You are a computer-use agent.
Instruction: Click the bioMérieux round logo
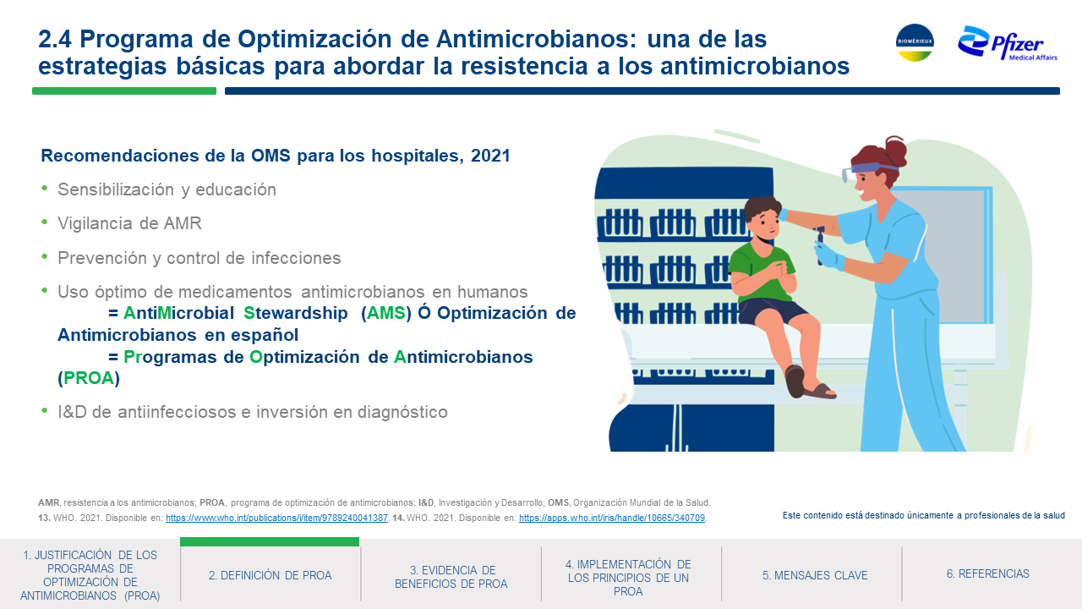pos(915,42)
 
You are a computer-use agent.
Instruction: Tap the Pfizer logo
pos(1007,43)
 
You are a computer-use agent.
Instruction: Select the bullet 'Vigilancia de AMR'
pos(129,223)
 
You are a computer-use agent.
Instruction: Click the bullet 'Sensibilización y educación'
pos(167,189)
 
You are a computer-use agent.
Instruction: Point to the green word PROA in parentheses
pos(89,378)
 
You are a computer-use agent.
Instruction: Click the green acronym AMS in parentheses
pos(386,313)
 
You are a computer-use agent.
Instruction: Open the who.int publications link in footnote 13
pos(276,518)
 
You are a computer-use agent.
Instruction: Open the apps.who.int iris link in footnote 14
pos(612,518)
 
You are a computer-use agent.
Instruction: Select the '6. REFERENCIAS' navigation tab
pos(988,573)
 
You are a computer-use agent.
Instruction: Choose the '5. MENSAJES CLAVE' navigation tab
pos(815,575)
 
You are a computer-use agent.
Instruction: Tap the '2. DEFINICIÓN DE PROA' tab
pos(270,575)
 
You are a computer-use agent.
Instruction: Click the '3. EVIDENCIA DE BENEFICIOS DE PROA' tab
pos(451,577)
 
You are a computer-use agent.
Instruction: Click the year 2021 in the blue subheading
pos(490,156)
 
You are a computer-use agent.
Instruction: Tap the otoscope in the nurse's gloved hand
pos(820,245)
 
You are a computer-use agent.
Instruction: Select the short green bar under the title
pos(124,91)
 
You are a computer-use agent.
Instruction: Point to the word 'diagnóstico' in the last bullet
pos(402,412)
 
